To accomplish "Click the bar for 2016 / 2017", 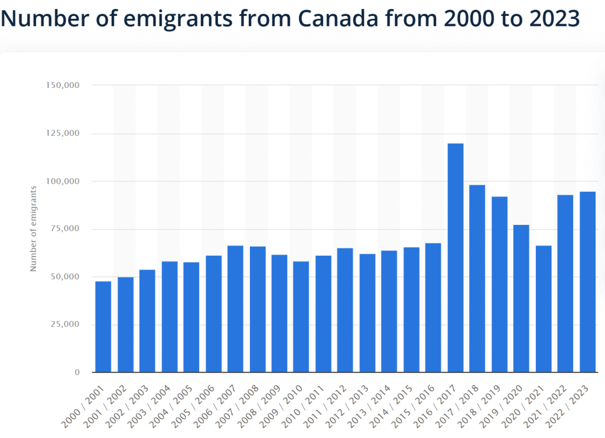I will (x=456, y=258).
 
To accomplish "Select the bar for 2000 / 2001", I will (x=103, y=326).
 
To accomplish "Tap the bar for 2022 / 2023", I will (x=587, y=282).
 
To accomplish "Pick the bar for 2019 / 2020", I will (x=521, y=299).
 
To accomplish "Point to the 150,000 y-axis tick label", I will (x=62, y=85).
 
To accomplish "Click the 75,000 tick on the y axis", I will (x=64, y=229).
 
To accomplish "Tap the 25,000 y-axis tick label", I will (x=64, y=325).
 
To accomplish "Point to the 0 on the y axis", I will (x=77, y=372).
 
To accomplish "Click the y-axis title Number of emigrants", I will (x=34, y=228).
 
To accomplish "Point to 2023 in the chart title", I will (x=552, y=19).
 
